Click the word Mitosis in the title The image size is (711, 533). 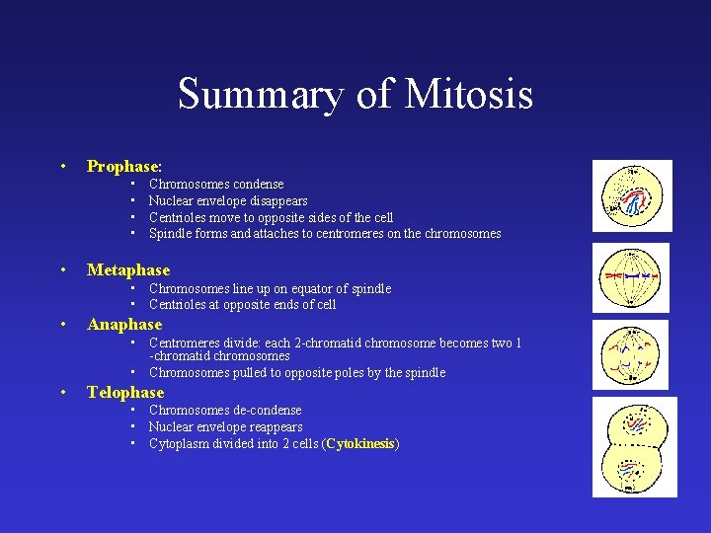click(468, 95)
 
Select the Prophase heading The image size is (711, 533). click(123, 166)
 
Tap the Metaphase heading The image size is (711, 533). click(128, 269)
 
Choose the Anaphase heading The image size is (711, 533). click(124, 324)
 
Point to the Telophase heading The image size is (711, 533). click(125, 392)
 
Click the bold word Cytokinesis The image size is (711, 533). click(360, 443)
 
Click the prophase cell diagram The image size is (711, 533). click(631, 195)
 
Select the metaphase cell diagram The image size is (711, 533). click(631, 276)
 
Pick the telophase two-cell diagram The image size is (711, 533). click(631, 446)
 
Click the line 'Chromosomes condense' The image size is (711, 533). click(216, 184)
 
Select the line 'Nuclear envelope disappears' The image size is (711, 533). click(228, 200)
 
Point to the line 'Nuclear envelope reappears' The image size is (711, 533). click(226, 426)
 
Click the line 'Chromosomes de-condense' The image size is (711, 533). click(225, 410)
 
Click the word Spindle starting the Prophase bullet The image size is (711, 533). click(170, 234)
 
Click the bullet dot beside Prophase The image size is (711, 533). click(62, 166)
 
